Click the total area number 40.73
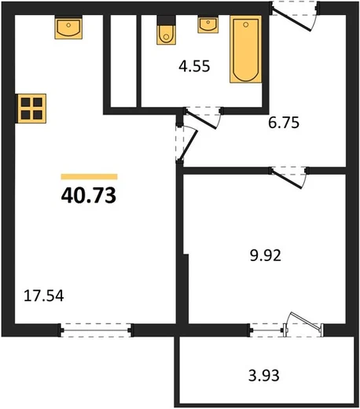tap(89, 195)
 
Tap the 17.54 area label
tap(44, 296)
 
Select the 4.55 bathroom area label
tap(194, 66)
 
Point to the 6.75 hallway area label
tap(284, 123)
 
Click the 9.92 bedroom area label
tap(266, 256)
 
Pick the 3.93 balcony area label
tap(264, 375)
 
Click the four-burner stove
tap(31, 109)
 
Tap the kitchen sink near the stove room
tap(68, 28)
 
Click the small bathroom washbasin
tap(208, 24)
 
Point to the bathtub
tap(246, 49)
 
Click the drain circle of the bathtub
tap(245, 24)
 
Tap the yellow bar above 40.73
tap(89, 177)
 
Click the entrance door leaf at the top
tap(292, 20)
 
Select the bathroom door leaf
tap(201, 120)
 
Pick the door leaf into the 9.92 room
tap(287, 179)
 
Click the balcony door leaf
tap(305, 320)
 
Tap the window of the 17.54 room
tap(96, 330)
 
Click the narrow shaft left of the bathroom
tap(123, 61)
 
